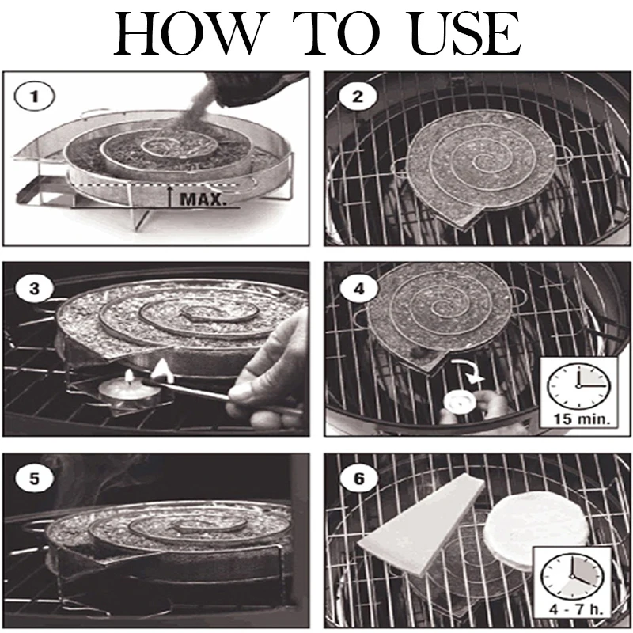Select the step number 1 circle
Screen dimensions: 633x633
(x=34, y=97)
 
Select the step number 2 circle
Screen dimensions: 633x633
(x=358, y=97)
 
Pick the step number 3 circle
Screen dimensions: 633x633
(x=34, y=289)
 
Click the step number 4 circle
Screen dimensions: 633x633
(x=358, y=289)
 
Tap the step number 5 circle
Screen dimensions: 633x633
(x=34, y=479)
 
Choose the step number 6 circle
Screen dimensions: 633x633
(x=358, y=479)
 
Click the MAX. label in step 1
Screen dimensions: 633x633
(x=201, y=199)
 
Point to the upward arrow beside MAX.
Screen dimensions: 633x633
(x=171, y=196)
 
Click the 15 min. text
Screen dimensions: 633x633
(x=578, y=419)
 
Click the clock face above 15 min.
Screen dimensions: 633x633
(x=578, y=386)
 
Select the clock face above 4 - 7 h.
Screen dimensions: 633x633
(x=572, y=576)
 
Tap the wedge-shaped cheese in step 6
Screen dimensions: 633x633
(x=420, y=525)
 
